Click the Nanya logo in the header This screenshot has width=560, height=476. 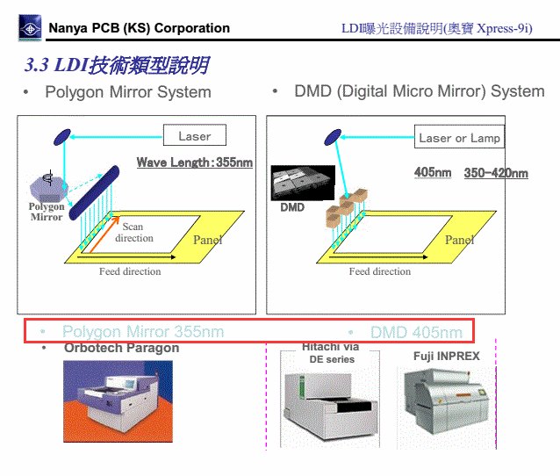pos(30,29)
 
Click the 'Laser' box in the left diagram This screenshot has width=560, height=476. pos(194,136)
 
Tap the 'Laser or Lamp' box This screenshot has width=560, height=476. pos(459,138)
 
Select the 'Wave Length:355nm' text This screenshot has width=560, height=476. pos(194,162)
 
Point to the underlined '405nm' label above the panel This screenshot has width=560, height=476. pos(433,173)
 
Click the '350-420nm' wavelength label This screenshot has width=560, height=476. pos(496,173)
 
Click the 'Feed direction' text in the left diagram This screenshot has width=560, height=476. pos(130,272)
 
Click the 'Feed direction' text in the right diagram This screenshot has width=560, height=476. pos(380,272)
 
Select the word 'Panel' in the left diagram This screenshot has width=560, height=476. pos(207,240)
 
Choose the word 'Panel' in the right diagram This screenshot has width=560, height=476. pos(459,240)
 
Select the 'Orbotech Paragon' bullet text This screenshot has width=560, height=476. pos(121,348)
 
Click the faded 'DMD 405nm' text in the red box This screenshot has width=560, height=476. pos(415,332)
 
